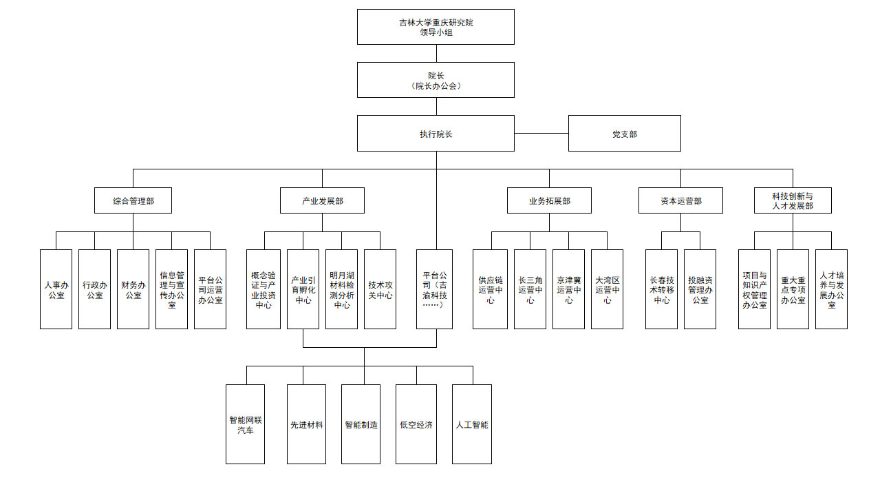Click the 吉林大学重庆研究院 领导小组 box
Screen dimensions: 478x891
tap(436, 27)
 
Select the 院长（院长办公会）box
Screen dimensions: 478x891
tap(436, 80)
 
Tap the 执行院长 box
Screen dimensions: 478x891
tap(436, 133)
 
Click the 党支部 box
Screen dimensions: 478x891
tap(624, 133)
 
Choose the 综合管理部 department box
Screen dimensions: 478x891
tap(133, 200)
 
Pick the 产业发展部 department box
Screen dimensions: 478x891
tap(322, 200)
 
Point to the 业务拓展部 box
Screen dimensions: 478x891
tap(549, 200)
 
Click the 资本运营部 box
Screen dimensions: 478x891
tap(680, 200)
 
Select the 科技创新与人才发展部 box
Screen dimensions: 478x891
tap(793, 200)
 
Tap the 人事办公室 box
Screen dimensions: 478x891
tap(56, 289)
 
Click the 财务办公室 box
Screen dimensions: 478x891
tap(133, 289)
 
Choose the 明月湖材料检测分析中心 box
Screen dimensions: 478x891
tap(341, 289)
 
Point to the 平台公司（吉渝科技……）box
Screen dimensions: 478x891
tap(435, 289)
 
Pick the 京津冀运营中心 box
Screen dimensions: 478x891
tap(568, 289)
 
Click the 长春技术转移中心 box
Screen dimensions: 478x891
tap(661, 289)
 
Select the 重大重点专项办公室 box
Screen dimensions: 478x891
tap(793, 289)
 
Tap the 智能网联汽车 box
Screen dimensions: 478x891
tap(246, 424)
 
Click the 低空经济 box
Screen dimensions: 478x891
tap(416, 424)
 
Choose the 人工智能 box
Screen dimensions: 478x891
tap(472, 424)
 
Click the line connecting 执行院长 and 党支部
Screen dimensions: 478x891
tap(541, 133)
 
